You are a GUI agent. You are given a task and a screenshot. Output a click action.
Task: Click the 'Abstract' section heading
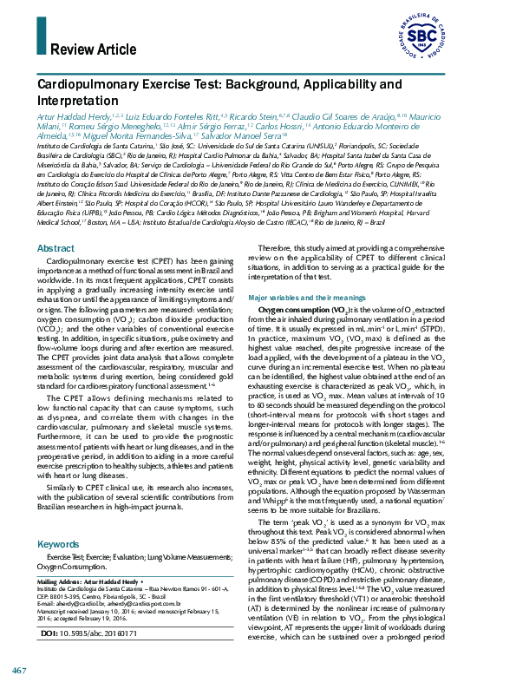pos(56,248)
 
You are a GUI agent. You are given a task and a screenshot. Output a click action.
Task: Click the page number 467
pos(19,673)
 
